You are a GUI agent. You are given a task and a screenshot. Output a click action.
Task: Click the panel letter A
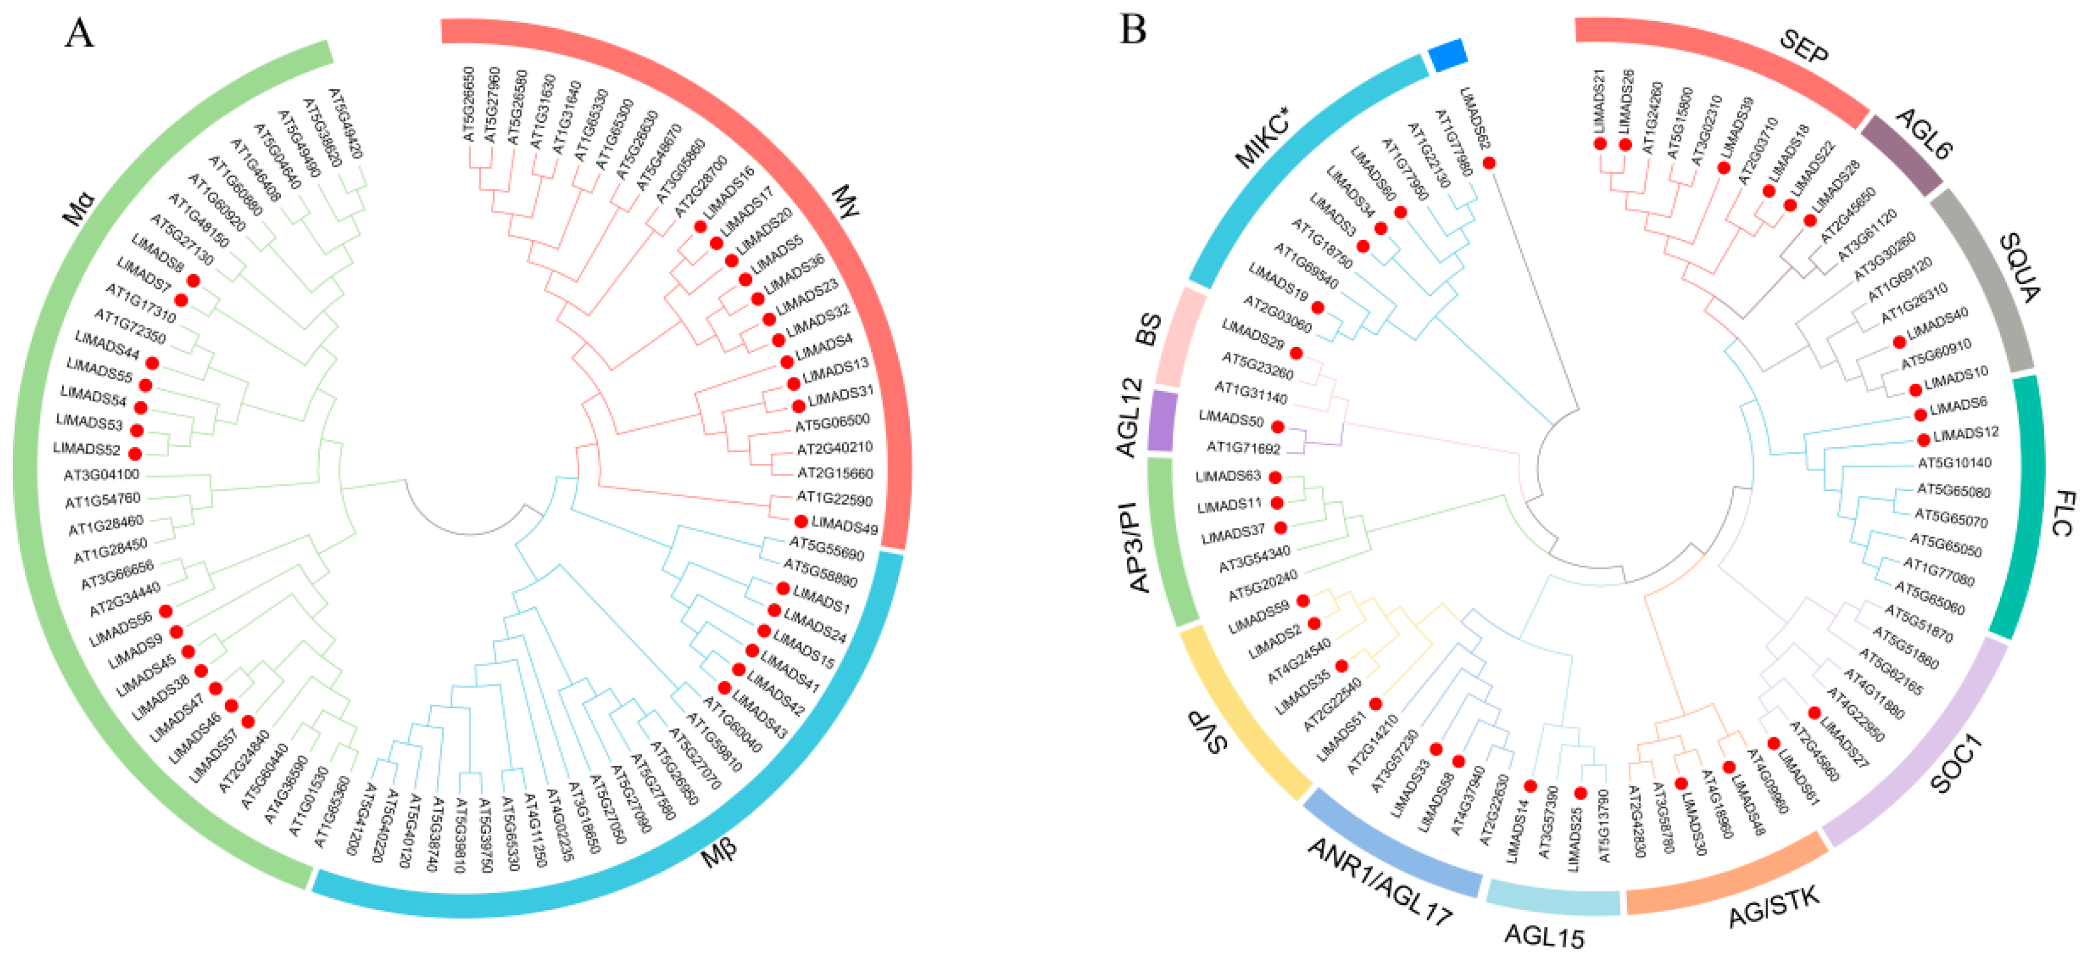tap(79, 34)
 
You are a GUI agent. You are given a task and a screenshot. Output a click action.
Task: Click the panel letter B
tap(1132, 31)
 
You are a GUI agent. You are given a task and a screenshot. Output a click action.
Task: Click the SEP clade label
tap(1804, 47)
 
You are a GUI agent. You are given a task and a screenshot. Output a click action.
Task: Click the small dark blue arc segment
tap(1447, 55)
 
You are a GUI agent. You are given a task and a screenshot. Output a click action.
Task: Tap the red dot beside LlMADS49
tap(801, 522)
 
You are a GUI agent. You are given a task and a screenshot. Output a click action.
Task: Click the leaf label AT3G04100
tap(101, 474)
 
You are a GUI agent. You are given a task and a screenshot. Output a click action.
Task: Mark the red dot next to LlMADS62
tap(1489, 163)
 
